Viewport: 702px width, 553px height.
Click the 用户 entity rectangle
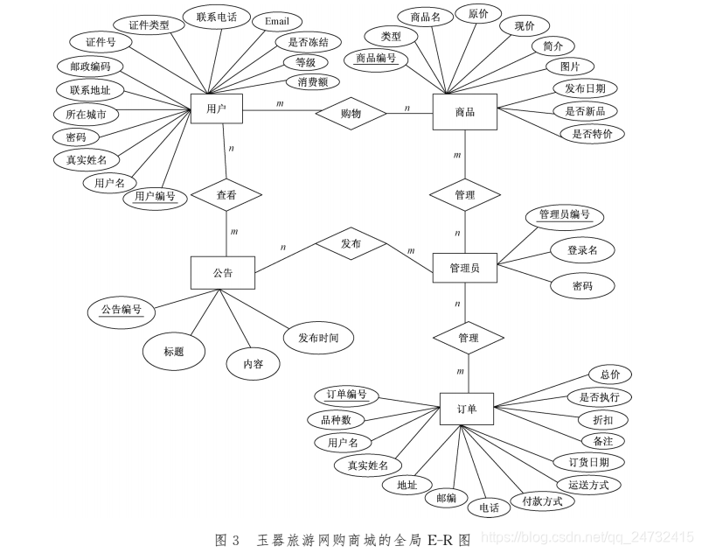click(217, 109)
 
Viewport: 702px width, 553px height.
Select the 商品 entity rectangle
click(464, 112)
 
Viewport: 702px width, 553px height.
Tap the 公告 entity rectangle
click(222, 272)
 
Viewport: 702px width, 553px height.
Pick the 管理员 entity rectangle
click(464, 268)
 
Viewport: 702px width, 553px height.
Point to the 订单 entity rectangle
click(467, 408)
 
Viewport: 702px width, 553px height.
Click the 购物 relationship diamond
click(351, 113)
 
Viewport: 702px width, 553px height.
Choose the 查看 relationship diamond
click(226, 196)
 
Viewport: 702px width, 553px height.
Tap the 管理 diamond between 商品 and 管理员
click(465, 195)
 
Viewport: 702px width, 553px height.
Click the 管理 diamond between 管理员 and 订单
click(469, 338)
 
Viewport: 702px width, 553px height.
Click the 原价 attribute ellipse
click(478, 15)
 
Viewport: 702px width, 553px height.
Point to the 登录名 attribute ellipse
click(582, 250)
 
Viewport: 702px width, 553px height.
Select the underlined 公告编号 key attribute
click(121, 310)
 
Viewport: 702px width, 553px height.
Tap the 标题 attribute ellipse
click(173, 351)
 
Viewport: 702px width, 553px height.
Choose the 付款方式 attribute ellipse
click(542, 501)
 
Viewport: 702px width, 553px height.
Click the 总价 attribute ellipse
click(609, 374)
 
